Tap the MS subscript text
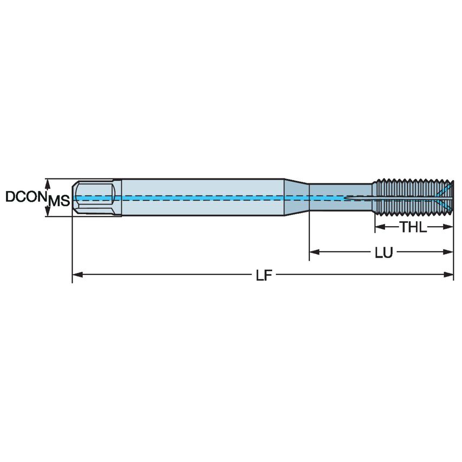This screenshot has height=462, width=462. click(x=59, y=202)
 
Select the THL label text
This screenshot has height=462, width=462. click(x=413, y=227)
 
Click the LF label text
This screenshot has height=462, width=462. click(x=263, y=275)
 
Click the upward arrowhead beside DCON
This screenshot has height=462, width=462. click(x=49, y=182)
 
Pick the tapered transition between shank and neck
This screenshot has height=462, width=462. click(x=297, y=197)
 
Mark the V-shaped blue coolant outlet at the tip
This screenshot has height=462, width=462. click(x=445, y=197)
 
